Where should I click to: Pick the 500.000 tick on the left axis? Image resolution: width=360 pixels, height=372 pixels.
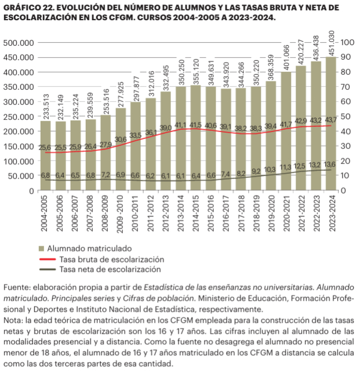point(19,43)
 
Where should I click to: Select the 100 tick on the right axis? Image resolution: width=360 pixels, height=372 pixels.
point(347,43)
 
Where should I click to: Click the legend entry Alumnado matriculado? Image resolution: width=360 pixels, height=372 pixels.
point(96,247)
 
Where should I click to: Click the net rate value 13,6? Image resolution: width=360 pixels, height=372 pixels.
point(330,164)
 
